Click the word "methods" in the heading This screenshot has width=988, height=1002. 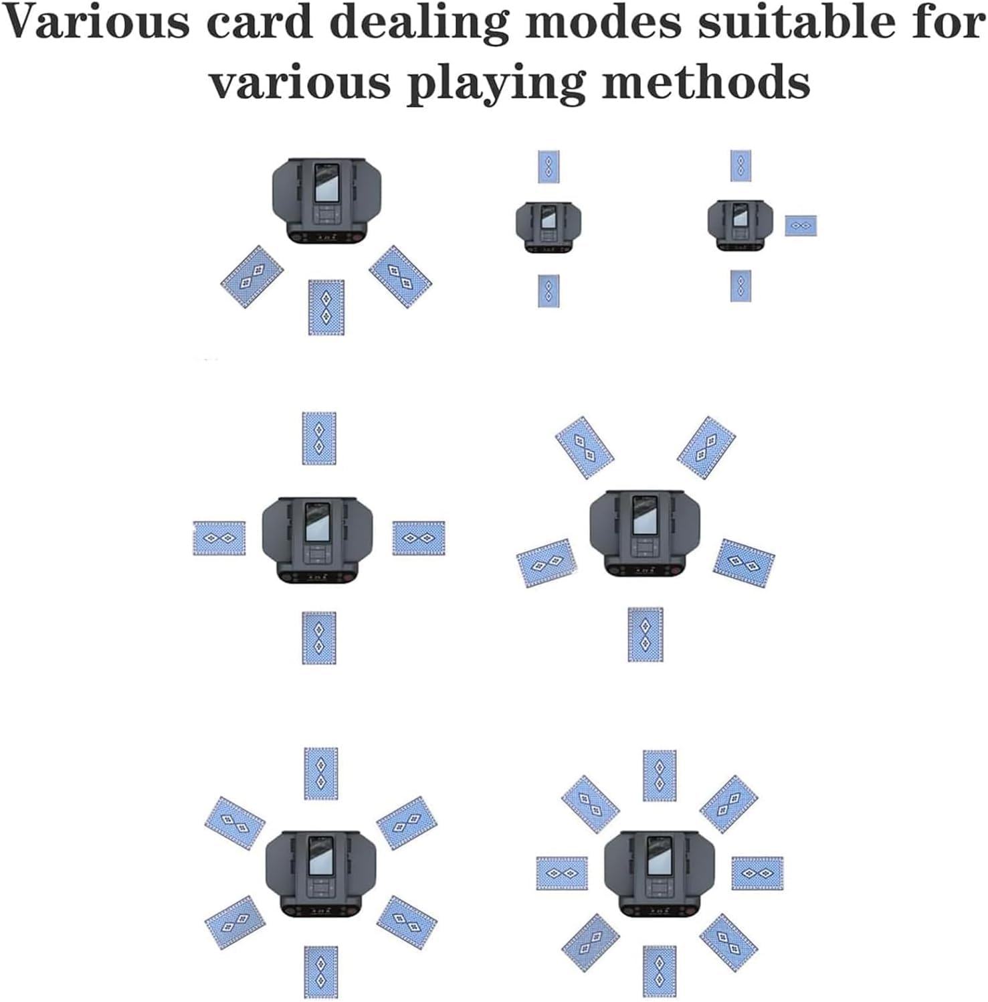(x=706, y=83)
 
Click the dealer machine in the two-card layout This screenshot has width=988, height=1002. (x=549, y=228)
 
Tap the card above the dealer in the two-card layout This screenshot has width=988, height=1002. (x=549, y=167)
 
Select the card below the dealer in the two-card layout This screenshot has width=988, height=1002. (x=549, y=291)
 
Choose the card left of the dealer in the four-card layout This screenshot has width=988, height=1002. (x=219, y=538)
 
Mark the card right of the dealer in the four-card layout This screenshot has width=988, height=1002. (x=419, y=538)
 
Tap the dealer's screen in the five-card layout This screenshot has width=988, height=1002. (x=644, y=515)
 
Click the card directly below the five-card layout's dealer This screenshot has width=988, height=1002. (x=646, y=634)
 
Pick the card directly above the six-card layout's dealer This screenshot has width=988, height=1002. (x=321, y=774)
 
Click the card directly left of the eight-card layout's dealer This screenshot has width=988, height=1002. (x=562, y=873)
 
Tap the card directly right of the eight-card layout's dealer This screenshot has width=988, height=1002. (x=757, y=873)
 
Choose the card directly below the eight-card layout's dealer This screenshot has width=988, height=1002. (x=660, y=971)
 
